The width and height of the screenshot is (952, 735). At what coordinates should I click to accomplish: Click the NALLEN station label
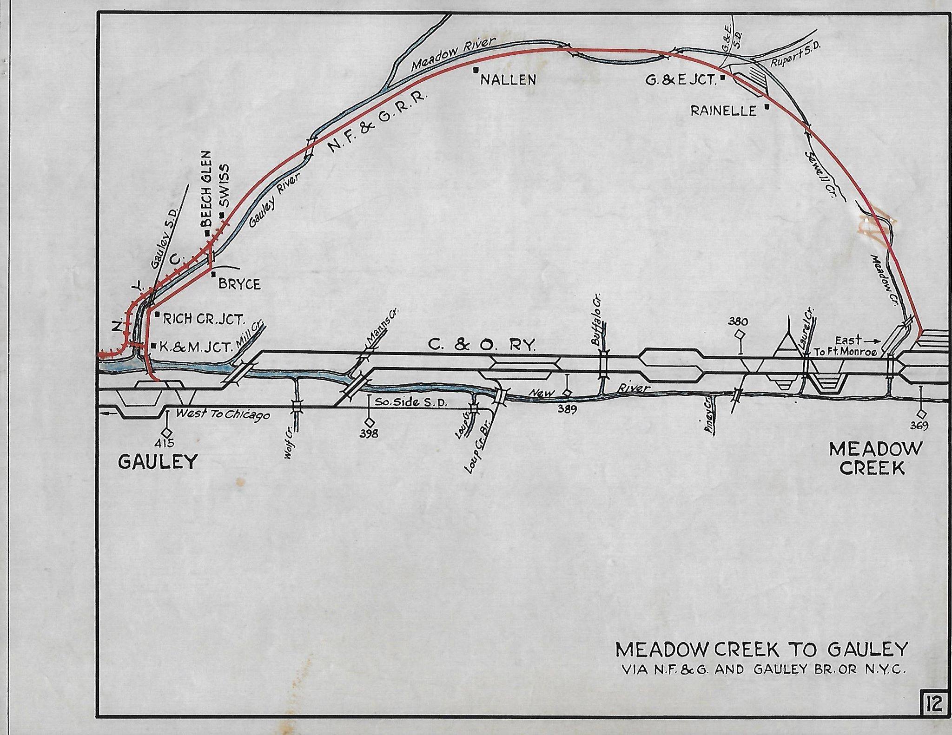[x=508, y=80]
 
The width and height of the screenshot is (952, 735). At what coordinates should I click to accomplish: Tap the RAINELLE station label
[x=723, y=111]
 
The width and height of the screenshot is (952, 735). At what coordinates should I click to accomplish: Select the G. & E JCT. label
[x=681, y=80]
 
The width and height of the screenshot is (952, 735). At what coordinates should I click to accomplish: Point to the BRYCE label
[x=239, y=284]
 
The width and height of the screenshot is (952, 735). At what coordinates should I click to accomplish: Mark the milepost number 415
[x=166, y=443]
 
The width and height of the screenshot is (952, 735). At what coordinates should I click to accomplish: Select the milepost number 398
[x=369, y=433]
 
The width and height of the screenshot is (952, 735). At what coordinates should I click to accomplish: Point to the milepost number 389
[x=567, y=409]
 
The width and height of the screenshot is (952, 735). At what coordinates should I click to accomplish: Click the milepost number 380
[x=738, y=322]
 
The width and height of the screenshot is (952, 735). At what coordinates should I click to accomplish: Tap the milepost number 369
[x=919, y=426]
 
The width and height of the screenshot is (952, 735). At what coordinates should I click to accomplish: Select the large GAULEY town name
[x=158, y=462]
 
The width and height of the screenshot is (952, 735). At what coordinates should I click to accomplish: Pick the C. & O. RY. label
[x=482, y=345]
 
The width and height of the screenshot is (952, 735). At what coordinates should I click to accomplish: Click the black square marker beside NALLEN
[x=476, y=70]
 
